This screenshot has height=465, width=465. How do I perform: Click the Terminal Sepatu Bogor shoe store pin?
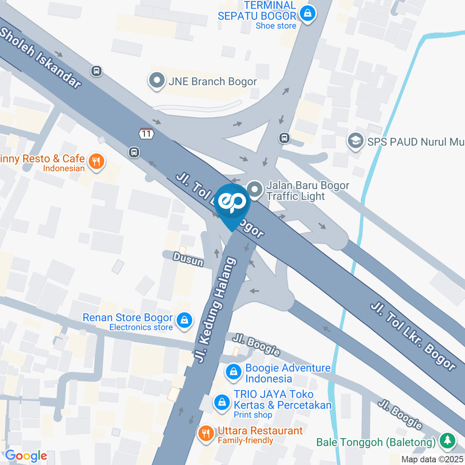tap(307, 13)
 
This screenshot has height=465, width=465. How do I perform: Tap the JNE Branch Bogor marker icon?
tap(157, 81)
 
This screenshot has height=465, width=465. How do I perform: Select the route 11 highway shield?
tap(146, 133)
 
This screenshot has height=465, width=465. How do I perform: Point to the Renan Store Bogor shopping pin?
tap(185, 320)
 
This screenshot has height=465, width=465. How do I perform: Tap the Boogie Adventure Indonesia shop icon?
tap(234, 372)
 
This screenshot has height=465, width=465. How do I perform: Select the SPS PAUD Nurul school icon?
tap(356, 141)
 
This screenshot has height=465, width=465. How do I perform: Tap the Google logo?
tap(26, 456)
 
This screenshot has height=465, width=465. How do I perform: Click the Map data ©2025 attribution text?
tap(433, 459)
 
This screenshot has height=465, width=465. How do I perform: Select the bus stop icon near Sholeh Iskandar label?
tap(96, 71)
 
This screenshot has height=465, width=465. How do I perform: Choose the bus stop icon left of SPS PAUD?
tap(284, 138)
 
